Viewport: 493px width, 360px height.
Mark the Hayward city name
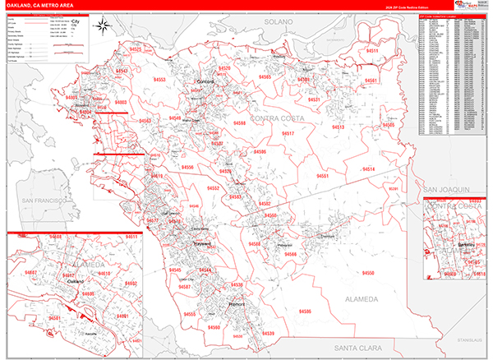tap(202, 244)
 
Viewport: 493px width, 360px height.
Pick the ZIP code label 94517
tap(288, 133)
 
